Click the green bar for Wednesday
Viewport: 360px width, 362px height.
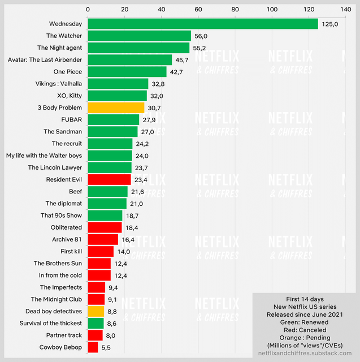tap(203, 24)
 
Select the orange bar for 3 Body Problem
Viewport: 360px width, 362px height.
tap(116, 107)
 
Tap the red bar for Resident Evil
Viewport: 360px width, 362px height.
tap(109, 179)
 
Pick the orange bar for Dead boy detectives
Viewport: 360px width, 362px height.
tap(96, 311)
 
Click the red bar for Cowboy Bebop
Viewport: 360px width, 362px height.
tap(93, 347)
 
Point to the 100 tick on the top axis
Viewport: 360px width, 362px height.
tap(272, 10)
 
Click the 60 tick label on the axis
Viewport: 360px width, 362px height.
tap(198, 10)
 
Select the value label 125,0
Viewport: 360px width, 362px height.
tap(330, 24)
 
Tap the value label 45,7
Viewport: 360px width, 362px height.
tap(182, 60)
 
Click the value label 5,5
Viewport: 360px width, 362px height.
tap(106, 347)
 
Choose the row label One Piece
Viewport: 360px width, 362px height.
tap(68, 72)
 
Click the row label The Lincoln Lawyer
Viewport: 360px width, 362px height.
tap(55, 167)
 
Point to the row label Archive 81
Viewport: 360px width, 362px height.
tap(67, 239)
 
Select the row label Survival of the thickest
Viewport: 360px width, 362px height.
tap(50, 323)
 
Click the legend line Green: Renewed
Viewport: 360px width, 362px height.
tap(305, 322)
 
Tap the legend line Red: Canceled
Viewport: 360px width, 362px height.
tap(305, 330)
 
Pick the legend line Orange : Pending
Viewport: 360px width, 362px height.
tap(305, 338)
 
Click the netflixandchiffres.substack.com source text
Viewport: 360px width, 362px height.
tap(305, 353)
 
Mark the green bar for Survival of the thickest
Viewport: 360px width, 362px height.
tap(96, 323)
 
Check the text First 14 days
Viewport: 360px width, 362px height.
tap(305, 299)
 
